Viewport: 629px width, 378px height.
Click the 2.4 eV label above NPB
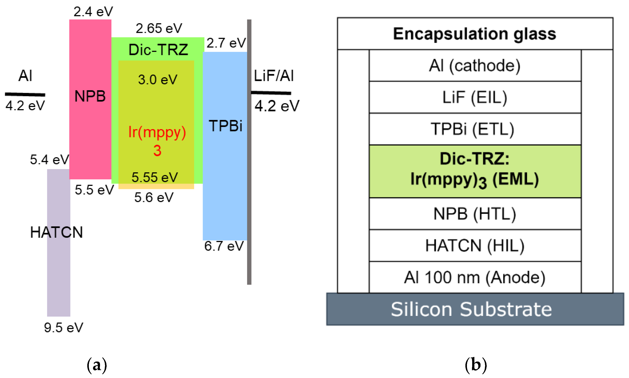pyautogui.click(x=93, y=12)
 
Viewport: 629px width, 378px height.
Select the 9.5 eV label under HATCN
pyautogui.click(x=63, y=328)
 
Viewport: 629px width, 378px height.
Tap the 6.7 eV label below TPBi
pyautogui.click(x=224, y=246)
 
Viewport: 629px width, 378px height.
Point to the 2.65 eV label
pyautogui.click(x=159, y=28)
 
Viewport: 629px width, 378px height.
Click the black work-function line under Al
pyautogui.click(x=25, y=94)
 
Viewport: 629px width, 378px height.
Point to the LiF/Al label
pyautogui.click(x=274, y=76)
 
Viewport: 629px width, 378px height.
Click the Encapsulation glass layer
pyautogui.click(x=475, y=34)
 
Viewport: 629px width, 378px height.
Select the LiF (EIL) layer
pyautogui.click(x=475, y=97)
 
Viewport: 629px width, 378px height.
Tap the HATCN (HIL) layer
pyautogui.click(x=475, y=246)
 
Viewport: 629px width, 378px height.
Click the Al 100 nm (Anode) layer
pyautogui.click(x=475, y=277)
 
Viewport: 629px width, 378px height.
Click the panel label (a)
pyautogui.click(x=96, y=365)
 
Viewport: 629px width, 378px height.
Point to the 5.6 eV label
pyautogui.click(x=154, y=197)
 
